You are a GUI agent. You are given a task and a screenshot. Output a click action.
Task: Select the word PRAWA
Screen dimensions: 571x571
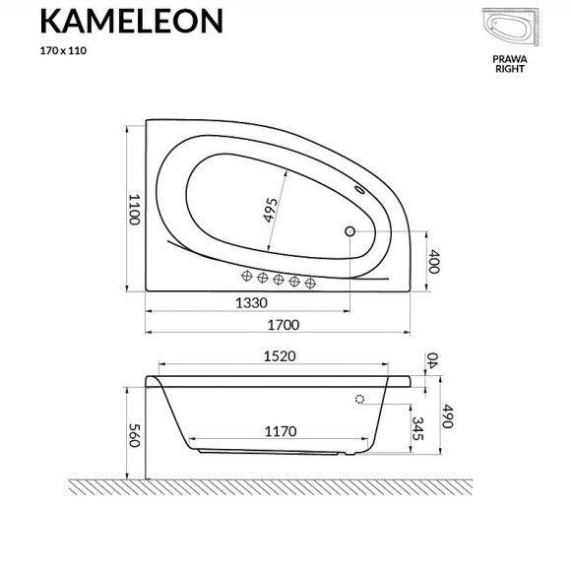pyautogui.click(x=510, y=59)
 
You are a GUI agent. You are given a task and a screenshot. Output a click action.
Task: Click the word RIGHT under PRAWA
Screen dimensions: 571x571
pyautogui.click(x=510, y=71)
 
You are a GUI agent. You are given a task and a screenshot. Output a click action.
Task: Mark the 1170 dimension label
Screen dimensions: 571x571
pyautogui.click(x=282, y=430)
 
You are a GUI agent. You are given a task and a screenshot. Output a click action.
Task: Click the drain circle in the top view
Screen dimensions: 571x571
pyautogui.click(x=349, y=232)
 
